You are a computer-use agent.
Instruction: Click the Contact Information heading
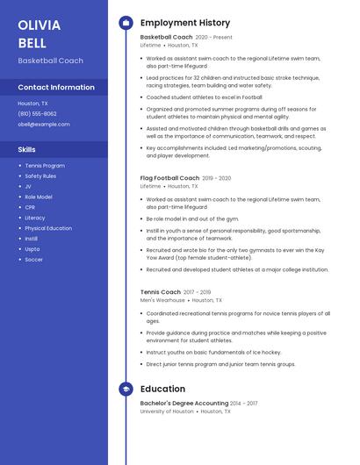coord(56,88)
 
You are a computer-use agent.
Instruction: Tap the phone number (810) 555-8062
coord(37,113)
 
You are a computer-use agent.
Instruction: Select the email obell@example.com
coord(44,124)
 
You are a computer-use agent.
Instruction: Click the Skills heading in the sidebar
coord(27,150)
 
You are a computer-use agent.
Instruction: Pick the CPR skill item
coord(30,207)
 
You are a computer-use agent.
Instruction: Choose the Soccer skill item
coord(33,260)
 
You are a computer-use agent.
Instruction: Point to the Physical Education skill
coord(48,228)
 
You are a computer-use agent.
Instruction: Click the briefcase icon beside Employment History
coord(126,22)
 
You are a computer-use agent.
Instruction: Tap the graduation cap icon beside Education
coord(126,389)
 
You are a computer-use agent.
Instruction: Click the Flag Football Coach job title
coord(169,178)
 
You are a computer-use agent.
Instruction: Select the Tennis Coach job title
coord(160,292)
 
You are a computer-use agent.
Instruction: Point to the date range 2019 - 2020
coord(216,178)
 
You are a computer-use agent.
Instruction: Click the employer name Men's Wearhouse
coord(162,300)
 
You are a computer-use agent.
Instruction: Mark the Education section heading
coord(162,389)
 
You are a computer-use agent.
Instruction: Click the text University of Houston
coord(167,411)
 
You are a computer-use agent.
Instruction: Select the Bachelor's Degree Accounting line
coord(184,403)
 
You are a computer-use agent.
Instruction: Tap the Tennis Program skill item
coord(45,166)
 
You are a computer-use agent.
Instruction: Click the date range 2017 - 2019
coord(197,292)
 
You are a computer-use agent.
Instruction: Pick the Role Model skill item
coord(39,197)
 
